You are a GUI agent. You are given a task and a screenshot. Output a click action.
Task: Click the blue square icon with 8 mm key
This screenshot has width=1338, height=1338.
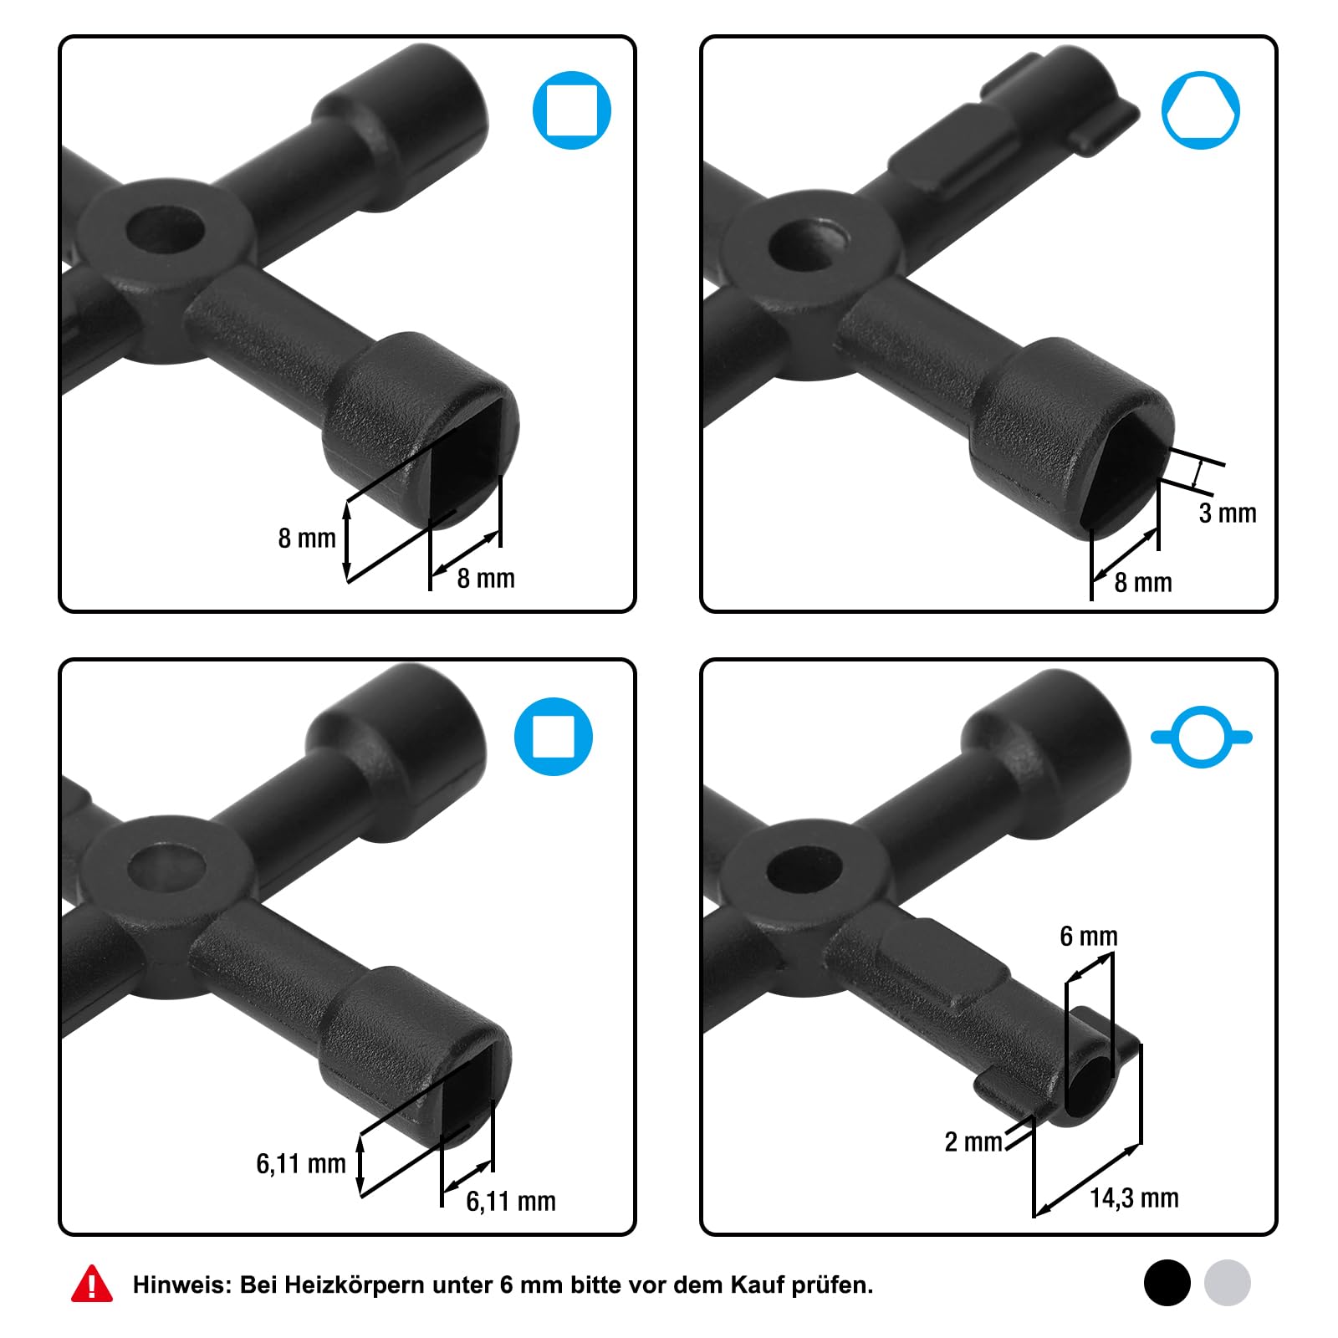pos(572,110)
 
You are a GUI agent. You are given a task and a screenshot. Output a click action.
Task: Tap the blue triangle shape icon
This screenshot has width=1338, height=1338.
pos(1201,110)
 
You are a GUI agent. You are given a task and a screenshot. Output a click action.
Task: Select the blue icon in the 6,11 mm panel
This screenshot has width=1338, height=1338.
pos(554,737)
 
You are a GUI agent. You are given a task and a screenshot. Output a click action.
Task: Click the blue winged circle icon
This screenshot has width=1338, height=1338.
pos(1202,737)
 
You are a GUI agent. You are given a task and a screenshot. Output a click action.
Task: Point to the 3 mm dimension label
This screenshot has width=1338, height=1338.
pos(1228,513)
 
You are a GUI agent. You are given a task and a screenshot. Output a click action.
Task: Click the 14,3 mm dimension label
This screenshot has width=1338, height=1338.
pos(1134,1198)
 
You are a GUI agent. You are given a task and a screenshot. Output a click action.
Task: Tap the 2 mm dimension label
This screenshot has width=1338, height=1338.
pos(973,1141)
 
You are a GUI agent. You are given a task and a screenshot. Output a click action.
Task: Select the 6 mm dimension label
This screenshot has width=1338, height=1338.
pos(1089,936)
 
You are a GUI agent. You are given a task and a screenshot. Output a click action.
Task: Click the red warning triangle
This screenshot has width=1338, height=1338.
pos(92,1284)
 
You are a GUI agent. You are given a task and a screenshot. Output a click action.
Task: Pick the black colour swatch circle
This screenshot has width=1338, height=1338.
pos(1167,1283)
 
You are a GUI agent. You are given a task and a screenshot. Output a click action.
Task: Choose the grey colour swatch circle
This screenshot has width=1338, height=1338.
pos(1228,1283)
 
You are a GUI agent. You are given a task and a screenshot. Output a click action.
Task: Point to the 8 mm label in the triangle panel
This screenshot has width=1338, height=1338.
pos(1143,582)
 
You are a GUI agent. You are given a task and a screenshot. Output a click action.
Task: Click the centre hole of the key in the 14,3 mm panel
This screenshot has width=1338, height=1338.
pos(804,870)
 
